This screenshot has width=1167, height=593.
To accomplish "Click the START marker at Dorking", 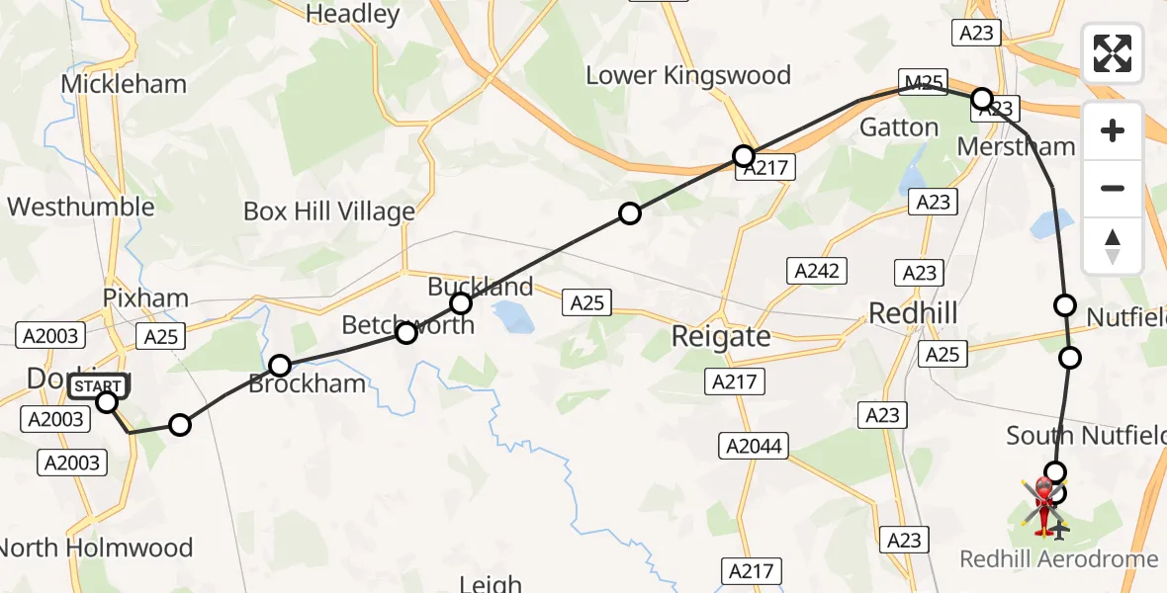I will click(100, 385).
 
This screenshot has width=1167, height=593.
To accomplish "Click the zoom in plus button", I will click(1113, 130).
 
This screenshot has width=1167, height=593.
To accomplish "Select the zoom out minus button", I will click(1113, 188).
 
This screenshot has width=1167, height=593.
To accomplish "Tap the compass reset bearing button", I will click(1113, 246).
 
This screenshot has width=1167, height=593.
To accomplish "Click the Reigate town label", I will click(721, 336).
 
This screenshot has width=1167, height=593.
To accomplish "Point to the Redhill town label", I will click(913, 313).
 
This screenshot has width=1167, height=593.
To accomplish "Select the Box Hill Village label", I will click(329, 212).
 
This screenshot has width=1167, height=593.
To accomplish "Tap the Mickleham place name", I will click(124, 84).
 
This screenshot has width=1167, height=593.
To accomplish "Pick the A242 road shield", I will click(812, 270).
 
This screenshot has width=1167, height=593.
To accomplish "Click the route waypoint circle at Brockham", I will click(280, 366).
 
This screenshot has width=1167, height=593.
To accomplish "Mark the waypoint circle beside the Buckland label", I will click(460, 302).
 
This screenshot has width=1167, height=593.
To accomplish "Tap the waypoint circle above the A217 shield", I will click(744, 155).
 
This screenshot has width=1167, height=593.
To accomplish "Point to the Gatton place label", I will click(898, 127).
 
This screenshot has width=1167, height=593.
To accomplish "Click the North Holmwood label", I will click(97, 548).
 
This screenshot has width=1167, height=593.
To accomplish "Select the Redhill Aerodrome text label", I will click(1058, 559).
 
